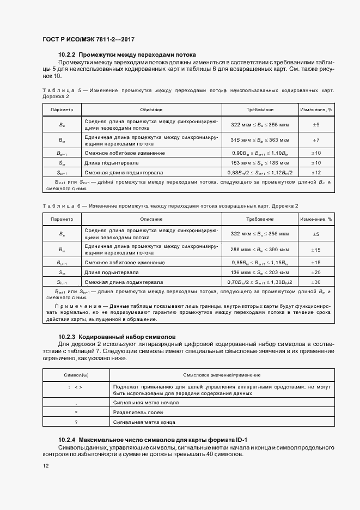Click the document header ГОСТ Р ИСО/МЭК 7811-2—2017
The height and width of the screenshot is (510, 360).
(88, 40)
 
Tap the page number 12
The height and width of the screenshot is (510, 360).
(45, 465)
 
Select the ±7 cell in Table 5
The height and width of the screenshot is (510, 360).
(315, 140)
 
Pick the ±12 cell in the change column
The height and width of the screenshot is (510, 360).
(315, 173)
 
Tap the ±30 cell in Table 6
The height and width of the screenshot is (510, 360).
(315, 282)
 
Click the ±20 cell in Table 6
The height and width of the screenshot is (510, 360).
(315, 272)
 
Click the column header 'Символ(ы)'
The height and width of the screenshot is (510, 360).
(76, 375)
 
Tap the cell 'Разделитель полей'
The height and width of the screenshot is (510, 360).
(135, 412)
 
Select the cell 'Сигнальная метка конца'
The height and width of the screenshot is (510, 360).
(144, 422)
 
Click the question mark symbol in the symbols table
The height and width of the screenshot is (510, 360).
(76, 422)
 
